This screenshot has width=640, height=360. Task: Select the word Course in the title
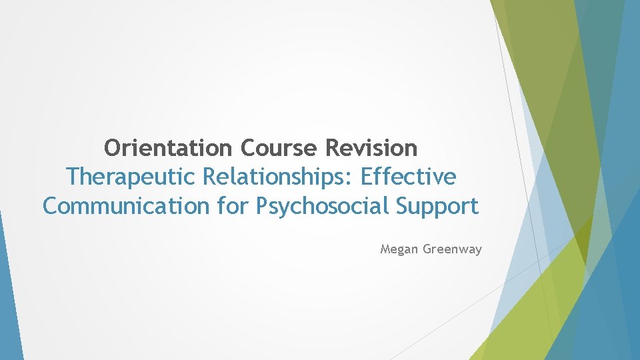coord(281,147)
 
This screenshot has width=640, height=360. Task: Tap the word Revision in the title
coord(372,147)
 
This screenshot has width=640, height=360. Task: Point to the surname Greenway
coord(453,250)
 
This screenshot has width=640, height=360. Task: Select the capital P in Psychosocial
coord(262,206)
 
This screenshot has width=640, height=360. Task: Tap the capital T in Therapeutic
coord(73,177)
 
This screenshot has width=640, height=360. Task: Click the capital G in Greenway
coord(428,249)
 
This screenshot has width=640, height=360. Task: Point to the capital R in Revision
coord(333,147)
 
